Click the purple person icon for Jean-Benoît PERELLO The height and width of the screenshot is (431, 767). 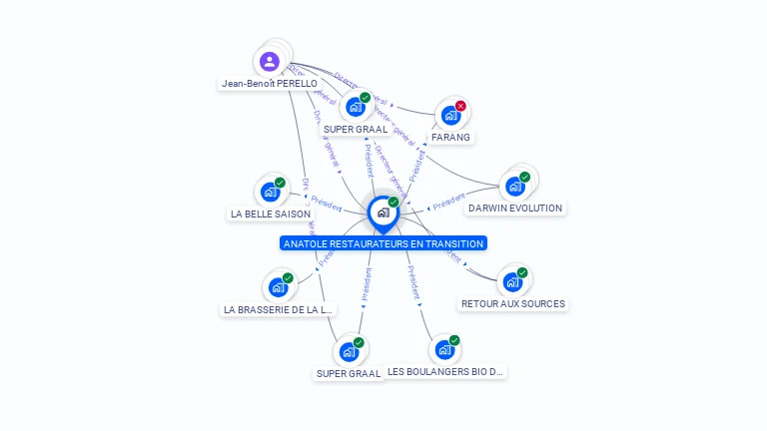click(x=270, y=62)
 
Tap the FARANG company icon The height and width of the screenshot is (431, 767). click(x=450, y=116)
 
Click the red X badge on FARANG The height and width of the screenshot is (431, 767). click(x=460, y=106)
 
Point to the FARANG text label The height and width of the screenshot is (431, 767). click(x=450, y=137)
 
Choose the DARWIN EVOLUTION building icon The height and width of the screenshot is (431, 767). click(x=514, y=187)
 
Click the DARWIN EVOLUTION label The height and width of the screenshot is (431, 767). click(x=515, y=209)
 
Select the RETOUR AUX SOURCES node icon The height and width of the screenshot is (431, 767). click(x=512, y=282)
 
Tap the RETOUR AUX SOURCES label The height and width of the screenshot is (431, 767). click(x=513, y=303)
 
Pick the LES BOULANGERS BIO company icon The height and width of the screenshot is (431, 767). click(x=444, y=350)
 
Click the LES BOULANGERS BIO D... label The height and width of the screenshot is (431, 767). click(x=446, y=372)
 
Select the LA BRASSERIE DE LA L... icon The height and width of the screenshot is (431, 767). click(x=278, y=287)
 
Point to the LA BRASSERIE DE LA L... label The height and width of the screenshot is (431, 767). click(x=278, y=309)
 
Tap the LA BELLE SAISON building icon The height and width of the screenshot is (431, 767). click(x=270, y=192)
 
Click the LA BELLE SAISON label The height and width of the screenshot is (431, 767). click(x=271, y=214)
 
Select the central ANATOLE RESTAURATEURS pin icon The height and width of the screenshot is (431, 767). click(x=383, y=213)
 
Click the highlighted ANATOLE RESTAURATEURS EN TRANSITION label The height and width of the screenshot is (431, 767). click(x=383, y=243)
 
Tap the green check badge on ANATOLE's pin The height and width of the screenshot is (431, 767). click(x=393, y=203)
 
